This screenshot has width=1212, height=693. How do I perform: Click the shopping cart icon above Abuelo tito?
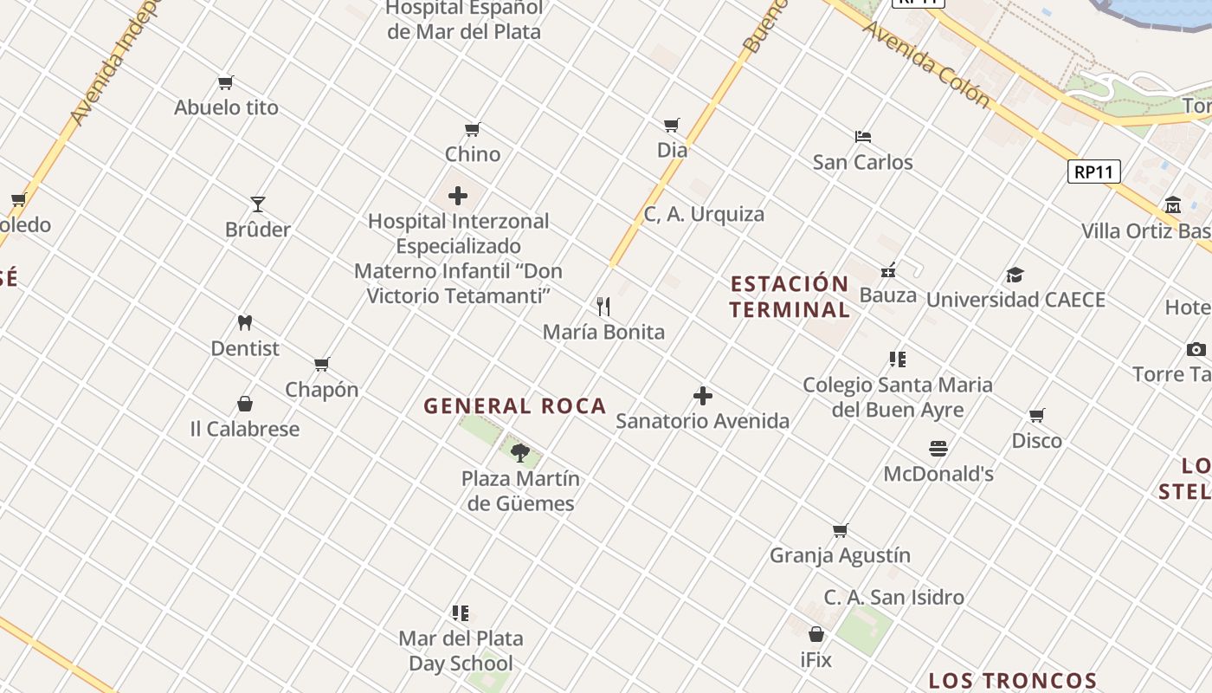coord(226,83)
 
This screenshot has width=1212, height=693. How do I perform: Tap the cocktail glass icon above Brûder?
coord(258,204)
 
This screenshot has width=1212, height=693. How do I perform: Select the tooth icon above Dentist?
coord(245,323)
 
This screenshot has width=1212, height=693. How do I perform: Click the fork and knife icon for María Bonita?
coord(603,307)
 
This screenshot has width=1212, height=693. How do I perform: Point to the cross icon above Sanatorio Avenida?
coord(703,397)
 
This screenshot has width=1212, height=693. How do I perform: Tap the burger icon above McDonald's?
coord(938,449)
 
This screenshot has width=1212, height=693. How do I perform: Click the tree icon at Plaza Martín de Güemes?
coord(520,452)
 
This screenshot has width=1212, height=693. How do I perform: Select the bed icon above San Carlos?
coord(862,137)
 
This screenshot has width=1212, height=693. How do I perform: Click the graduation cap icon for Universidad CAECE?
coord(1015,275)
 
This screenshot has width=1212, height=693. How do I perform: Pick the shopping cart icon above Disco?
coord(1037,416)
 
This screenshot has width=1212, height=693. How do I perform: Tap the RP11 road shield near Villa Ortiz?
coord(1093,172)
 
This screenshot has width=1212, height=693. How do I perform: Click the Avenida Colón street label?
coord(926,65)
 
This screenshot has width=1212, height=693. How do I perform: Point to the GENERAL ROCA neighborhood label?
coord(514,406)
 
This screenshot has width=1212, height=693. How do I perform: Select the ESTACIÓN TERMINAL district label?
coord(789,296)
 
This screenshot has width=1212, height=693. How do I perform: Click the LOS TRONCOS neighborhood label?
coord(1013,681)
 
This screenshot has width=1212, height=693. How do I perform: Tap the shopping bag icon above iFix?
coord(816,634)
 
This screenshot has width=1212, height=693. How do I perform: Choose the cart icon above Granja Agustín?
coord(840,531)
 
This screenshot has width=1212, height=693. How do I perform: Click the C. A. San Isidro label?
coord(893,597)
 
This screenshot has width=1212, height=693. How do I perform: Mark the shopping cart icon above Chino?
coord(473,130)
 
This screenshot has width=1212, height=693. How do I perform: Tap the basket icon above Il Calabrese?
coord(245,405)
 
